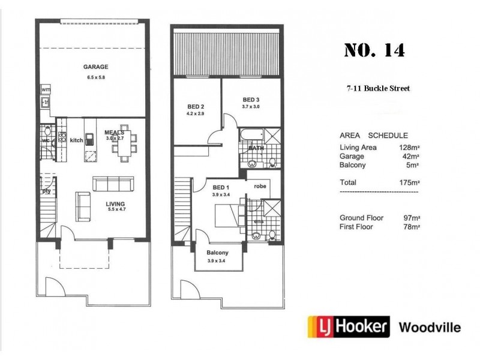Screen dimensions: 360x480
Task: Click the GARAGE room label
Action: click(x=95, y=67)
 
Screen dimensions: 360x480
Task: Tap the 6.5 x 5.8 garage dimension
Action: click(x=95, y=77)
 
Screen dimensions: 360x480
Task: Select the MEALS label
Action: click(x=114, y=133)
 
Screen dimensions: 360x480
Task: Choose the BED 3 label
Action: click(x=250, y=100)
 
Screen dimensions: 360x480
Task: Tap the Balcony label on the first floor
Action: click(x=217, y=253)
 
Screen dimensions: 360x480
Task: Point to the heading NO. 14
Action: click(x=374, y=50)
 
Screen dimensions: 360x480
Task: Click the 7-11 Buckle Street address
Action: click(x=378, y=89)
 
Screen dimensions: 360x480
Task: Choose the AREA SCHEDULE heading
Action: click(x=374, y=136)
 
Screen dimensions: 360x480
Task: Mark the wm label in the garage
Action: click(x=46, y=89)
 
